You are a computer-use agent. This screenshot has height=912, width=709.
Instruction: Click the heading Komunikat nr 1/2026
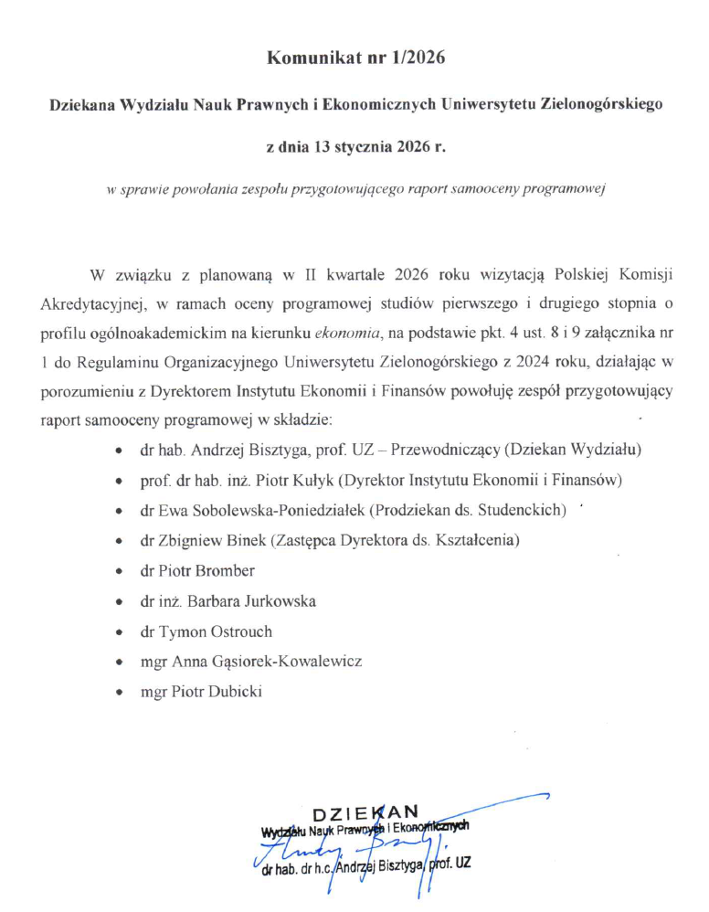(354, 58)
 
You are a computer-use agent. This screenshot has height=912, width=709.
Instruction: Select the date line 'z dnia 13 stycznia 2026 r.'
(354, 146)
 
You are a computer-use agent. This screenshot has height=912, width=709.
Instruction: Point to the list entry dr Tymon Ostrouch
(206, 631)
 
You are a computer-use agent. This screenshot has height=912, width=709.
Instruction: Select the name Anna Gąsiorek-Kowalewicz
(271, 662)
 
